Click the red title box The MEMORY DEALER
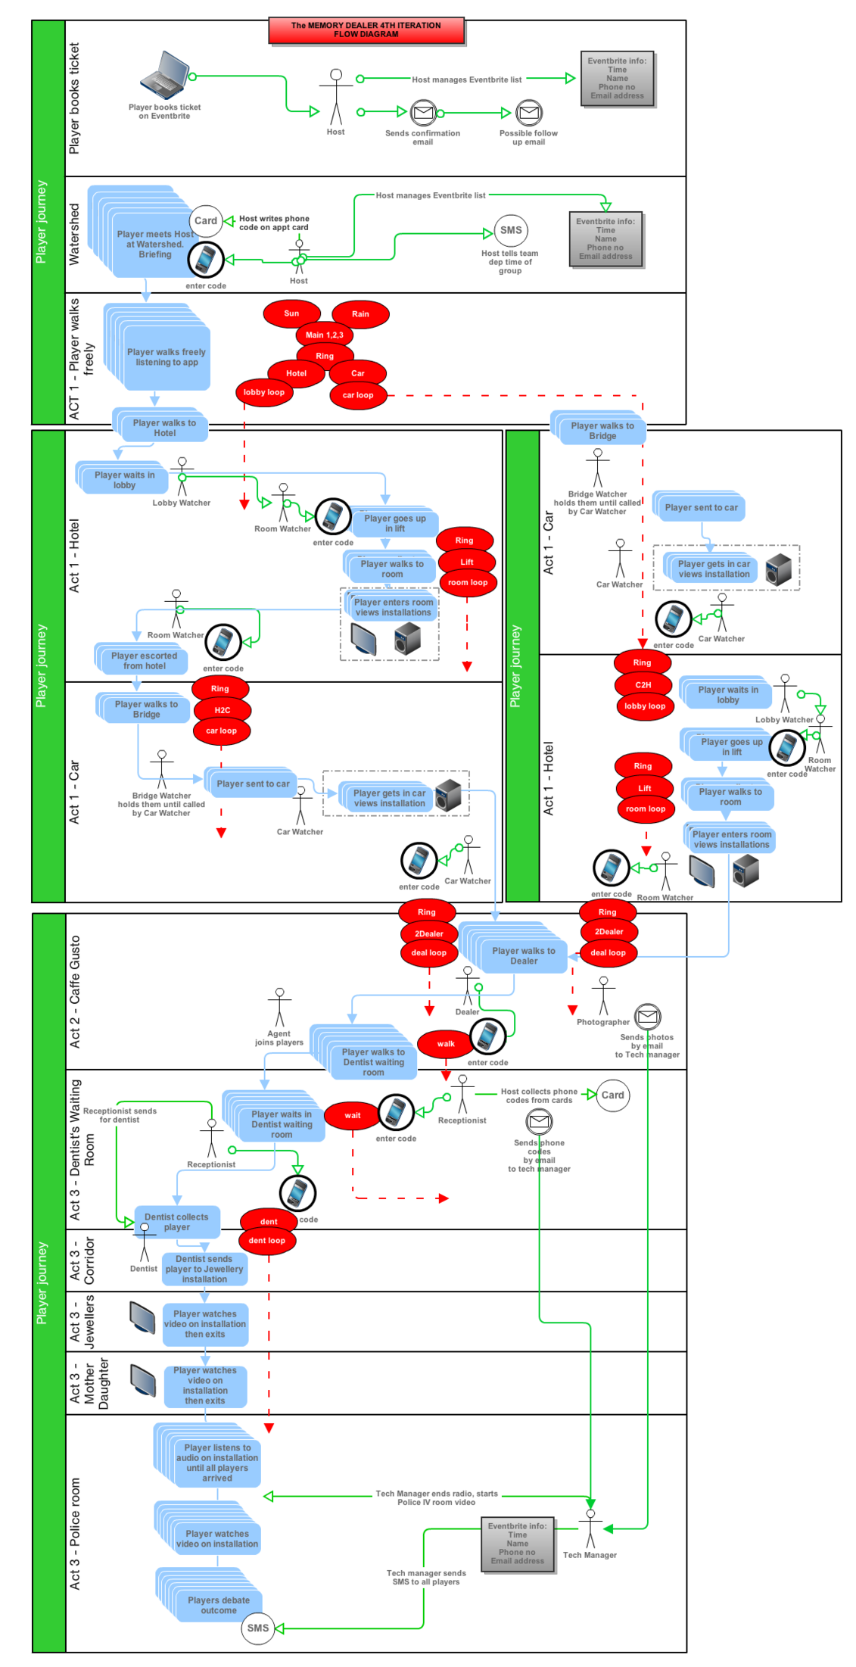[366, 30]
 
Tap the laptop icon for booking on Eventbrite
[164, 75]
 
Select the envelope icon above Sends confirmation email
[423, 114]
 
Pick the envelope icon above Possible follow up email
[528, 114]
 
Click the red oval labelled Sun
[291, 313]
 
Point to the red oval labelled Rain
[360, 314]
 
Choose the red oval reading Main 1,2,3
[324, 335]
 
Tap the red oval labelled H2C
[222, 710]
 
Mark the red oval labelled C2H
[643, 684]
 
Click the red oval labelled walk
[446, 1044]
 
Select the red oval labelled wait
[353, 1115]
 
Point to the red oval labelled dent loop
[266, 1240]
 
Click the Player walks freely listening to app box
[167, 357]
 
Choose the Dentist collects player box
[176, 1222]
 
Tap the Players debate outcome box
[219, 1605]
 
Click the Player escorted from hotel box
[144, 661]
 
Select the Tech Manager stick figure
[590, 1528]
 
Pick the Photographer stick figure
[603, 996]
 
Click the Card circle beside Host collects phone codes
[612, 1095]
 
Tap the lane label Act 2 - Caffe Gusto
[75, 992]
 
